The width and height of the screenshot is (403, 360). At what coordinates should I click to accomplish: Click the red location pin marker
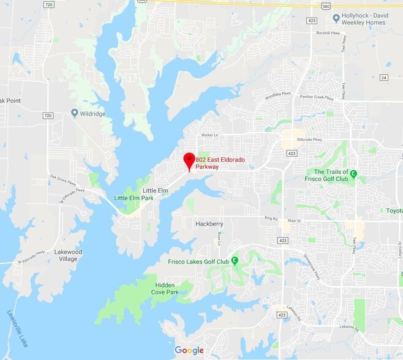189,161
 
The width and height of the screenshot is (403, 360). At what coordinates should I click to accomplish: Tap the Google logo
189,351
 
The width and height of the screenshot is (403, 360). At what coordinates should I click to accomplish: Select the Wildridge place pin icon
75,113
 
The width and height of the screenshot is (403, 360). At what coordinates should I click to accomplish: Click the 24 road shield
383,77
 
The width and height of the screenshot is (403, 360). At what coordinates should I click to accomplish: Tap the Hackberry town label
209,224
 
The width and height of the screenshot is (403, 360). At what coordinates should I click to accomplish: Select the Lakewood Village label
68,255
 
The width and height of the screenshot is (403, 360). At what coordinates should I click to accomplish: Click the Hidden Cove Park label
167,288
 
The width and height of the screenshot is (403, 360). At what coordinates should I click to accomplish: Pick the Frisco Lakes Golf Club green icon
235,261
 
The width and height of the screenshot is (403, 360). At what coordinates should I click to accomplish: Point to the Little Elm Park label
134,198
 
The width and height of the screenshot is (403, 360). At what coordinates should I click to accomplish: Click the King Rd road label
271,217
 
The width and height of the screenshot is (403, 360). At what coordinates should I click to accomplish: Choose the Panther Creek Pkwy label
317,96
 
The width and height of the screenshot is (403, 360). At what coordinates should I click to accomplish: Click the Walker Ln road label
211,135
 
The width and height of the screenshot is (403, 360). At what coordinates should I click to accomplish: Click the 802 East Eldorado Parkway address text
220,163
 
